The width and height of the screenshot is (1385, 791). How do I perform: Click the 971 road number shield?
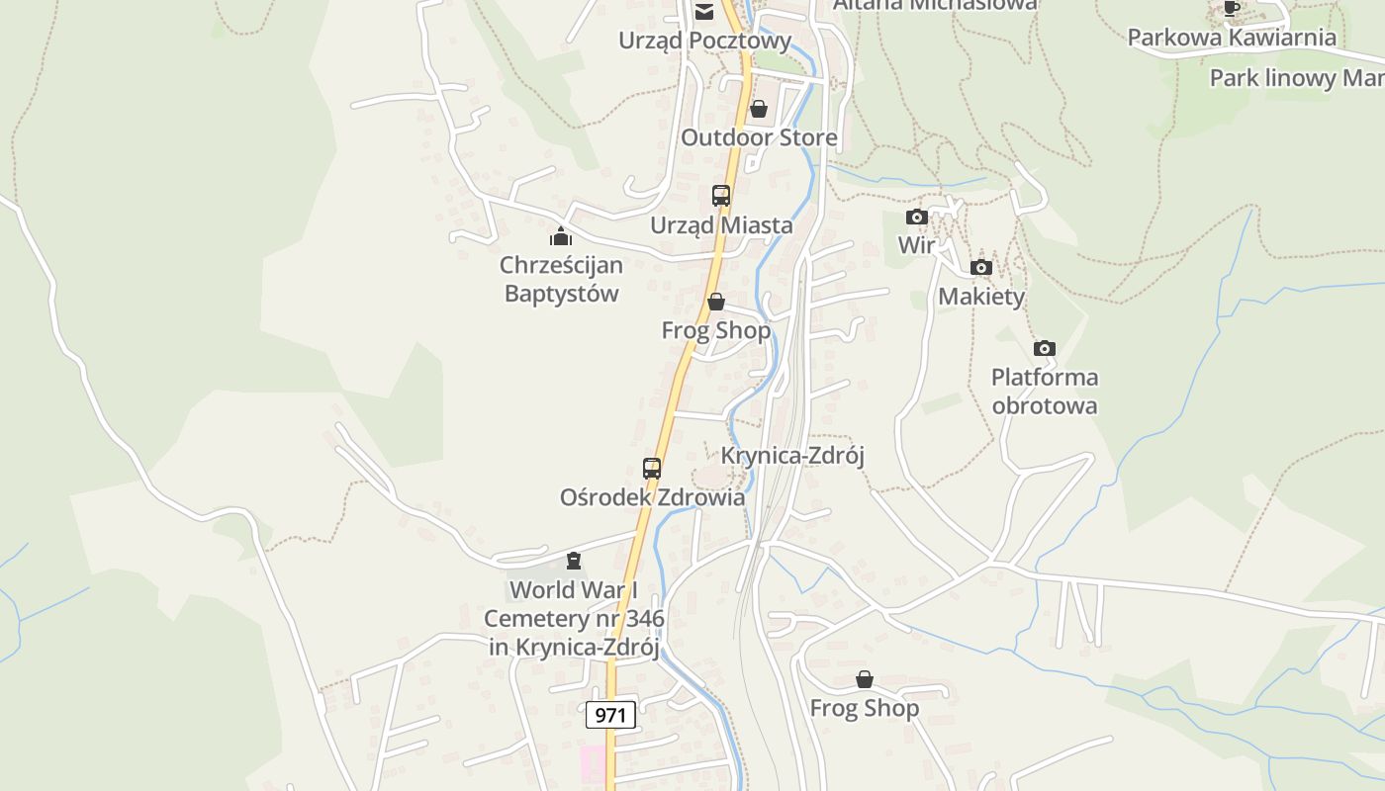pyautogui.click(x=610, y=715)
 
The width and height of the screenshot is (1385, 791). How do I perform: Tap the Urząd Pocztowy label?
pyautogui.click(x=704, y=41)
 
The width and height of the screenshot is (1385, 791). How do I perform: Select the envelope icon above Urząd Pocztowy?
pyautogui.click(x=704, y=12)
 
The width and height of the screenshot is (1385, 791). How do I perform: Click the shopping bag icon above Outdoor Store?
pyautogui.click(x=759, y=109)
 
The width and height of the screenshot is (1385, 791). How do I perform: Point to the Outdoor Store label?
pyautogui.click(x=759, y=137)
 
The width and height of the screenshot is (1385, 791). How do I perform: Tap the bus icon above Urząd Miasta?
pyautogui.click(x=721, y=196)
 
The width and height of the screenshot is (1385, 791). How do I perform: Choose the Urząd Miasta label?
pyautogui.click(x=721, y=225)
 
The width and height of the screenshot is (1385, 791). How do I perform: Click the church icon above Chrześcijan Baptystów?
pyautogui.click(x=561, y=236)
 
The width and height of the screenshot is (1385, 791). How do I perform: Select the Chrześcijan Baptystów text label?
pyautogui.click(x=561, y=279)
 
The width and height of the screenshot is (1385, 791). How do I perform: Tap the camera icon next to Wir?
pyautogui.click(x=917, y=217)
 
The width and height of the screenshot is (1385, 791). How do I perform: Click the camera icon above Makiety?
pyautogui.click(x=981, y=267)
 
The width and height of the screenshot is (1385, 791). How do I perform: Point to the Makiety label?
pyautogui.click(x=981, y=297)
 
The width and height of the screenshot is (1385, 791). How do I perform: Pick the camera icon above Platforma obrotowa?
pyautogui.click(x=1045, y=348)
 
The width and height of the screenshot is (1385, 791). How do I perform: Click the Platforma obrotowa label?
pyautogui.click(x=1045, y=392)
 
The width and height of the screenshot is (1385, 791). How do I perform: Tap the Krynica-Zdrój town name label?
pyautogui.click(x=792, y=456)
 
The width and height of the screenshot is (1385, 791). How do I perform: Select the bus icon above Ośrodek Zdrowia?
pyautogui.click(x=652, y=469)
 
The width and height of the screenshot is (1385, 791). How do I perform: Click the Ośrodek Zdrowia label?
pyautogui.click(x=652, y=497)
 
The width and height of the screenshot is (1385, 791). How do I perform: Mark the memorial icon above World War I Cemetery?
pyautogui.click(x=574, y=562)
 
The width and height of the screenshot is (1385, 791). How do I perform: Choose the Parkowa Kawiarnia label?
pyautogui.click(x=1232, y=38)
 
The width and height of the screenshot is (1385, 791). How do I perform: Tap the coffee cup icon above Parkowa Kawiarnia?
pyautogui.click(x=1232, y=9)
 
